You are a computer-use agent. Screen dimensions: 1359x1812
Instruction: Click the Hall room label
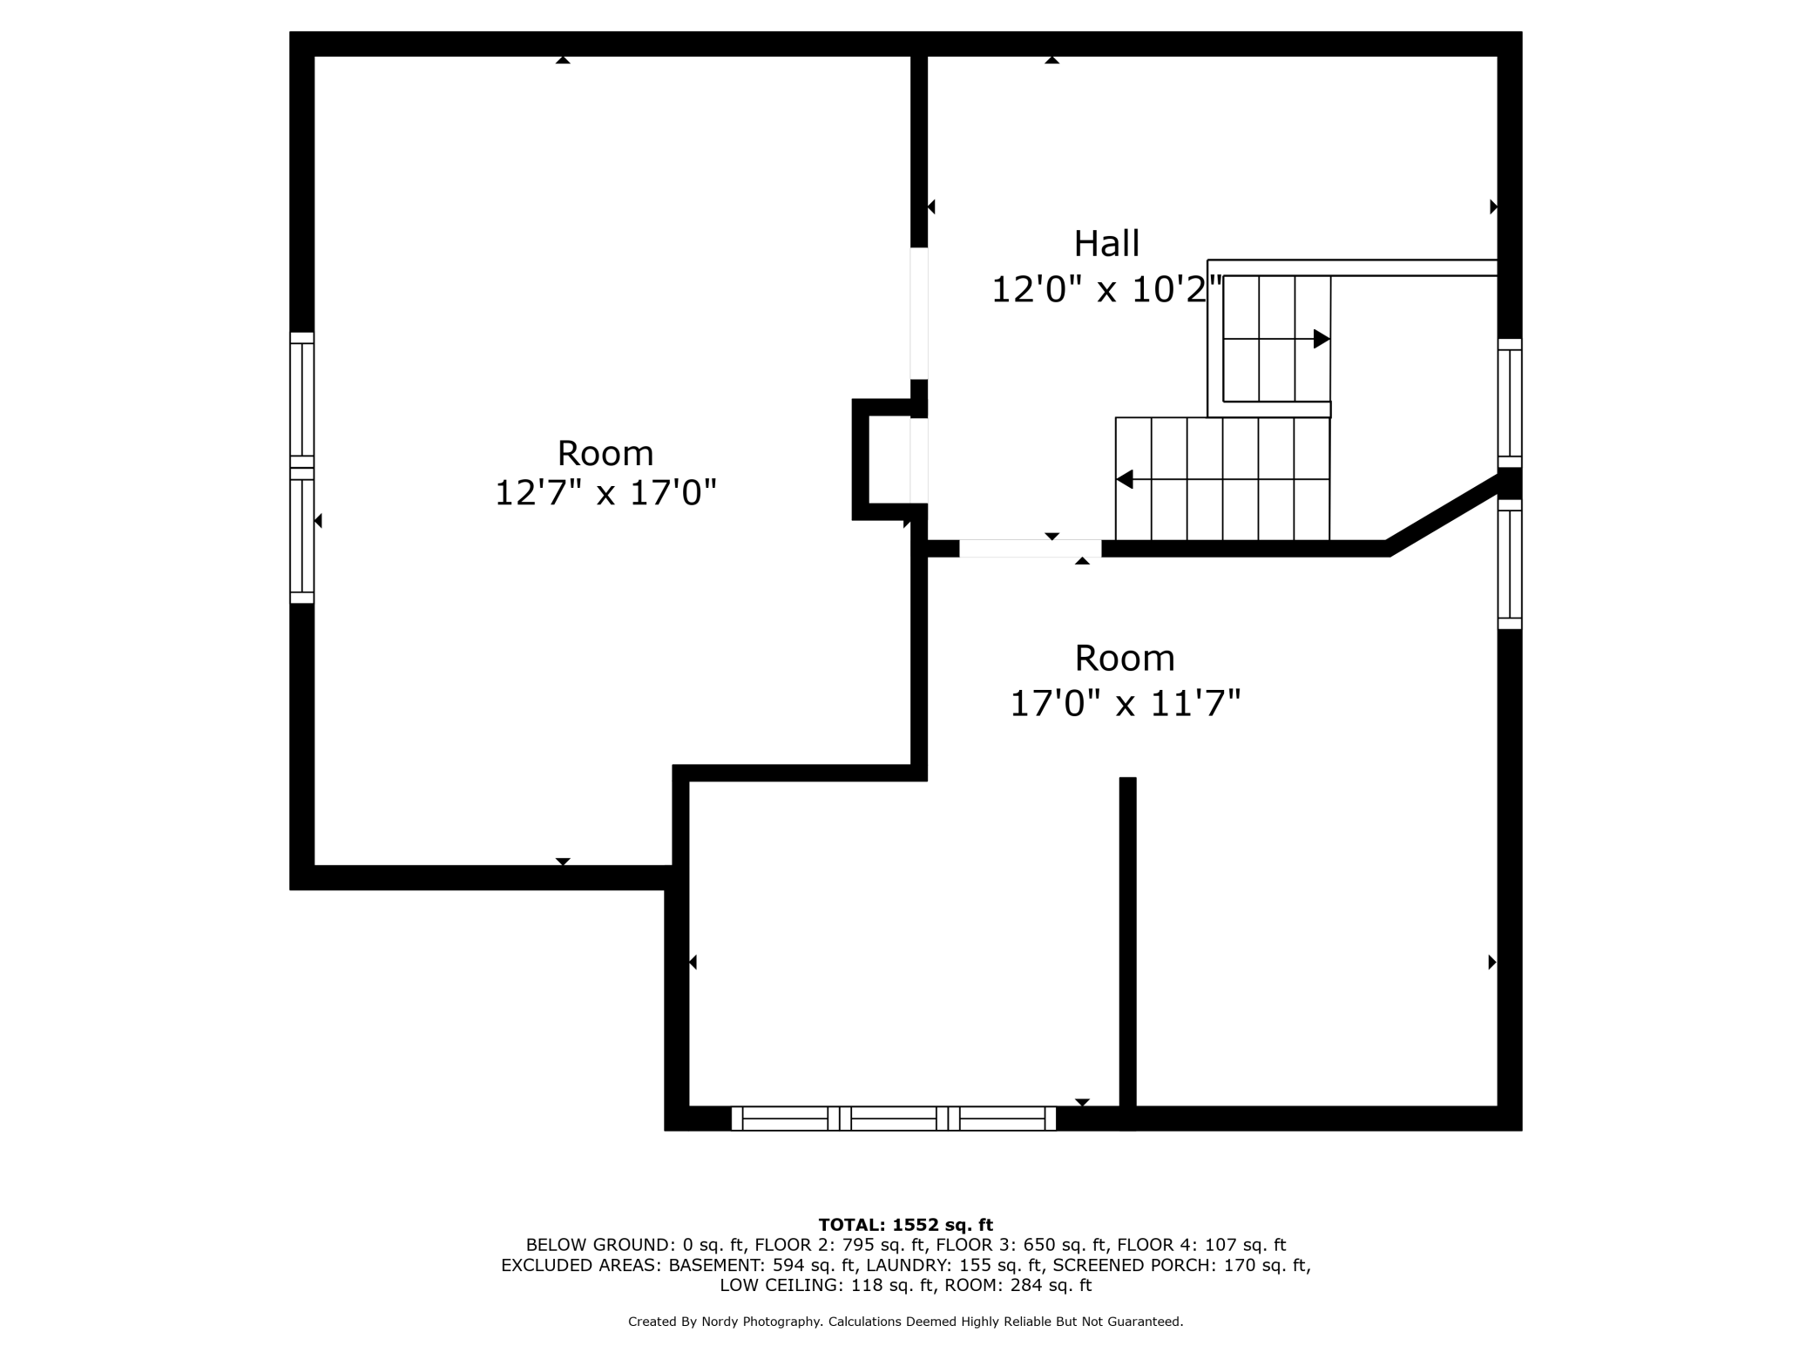coord(1106,244)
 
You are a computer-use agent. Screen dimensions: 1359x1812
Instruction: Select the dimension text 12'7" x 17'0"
coord(605,493)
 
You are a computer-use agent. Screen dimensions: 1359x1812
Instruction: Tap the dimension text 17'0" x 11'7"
coord(1125,703)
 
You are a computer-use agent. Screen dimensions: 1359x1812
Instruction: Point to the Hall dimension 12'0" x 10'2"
coord(1106,290)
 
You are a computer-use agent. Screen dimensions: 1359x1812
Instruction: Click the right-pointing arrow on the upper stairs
coord(1321,339)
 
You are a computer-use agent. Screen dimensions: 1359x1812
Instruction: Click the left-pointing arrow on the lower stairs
coord(1125,479)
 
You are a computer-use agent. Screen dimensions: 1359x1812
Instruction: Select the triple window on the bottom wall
coord(893,1118)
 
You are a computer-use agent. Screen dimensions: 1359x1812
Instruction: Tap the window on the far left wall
coord(301,468)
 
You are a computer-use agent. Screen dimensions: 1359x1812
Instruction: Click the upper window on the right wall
coord(1509,403)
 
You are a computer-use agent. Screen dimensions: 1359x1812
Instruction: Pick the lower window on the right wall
coord(1509,564)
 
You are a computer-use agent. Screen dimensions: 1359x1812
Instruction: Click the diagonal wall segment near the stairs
coord(1442,514)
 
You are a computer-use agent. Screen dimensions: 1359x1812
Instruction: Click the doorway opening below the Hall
coord(1030,548)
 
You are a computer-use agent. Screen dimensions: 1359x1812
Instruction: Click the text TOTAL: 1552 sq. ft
coord(905,1225)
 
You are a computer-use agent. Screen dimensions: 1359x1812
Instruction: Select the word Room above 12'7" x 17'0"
coord(605,453)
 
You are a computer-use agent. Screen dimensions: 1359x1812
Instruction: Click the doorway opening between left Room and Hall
coord(918,314)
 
